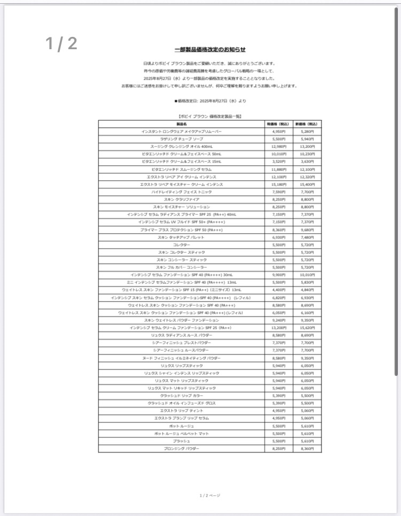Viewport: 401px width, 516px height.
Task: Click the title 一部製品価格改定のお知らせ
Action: click(210, 50)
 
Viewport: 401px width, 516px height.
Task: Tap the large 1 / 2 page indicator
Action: click(61, 44)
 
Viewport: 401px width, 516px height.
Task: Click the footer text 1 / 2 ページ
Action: click(210, 495)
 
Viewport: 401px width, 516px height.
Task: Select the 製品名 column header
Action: click(181, 124)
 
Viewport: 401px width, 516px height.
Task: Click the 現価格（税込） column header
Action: click(279, 124)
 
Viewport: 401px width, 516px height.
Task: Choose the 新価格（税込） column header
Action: click(307, 124)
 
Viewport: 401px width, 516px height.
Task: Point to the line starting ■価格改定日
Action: click(210, 101)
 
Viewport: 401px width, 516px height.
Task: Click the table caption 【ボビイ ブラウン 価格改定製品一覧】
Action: click(210, 116)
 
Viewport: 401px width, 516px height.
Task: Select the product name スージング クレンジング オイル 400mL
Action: click(181, 146)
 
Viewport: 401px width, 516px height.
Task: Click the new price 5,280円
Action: click(307, 131)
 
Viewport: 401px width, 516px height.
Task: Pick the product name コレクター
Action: click(181, 244)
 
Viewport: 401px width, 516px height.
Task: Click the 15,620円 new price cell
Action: click(307, 328)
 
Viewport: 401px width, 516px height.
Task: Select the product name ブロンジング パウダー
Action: click(181, 449)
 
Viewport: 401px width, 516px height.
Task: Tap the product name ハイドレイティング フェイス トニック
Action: click(181, 191)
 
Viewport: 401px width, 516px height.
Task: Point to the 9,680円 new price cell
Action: click(307, 229)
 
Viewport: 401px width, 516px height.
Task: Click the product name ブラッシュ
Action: click(181, 441)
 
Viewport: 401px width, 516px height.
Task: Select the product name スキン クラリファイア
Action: click(181, 199)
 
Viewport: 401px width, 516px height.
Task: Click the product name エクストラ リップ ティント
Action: click(181, 411)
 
